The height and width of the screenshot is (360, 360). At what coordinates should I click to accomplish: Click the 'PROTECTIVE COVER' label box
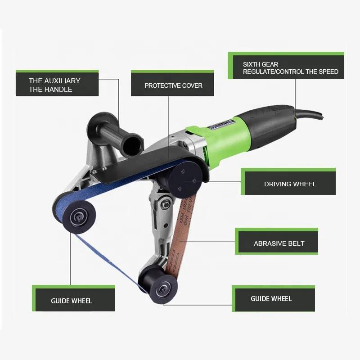tap(173, 85)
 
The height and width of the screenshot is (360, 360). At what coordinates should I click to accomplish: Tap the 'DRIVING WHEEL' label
tap(289, 184)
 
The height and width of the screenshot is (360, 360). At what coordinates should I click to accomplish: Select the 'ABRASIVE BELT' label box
tap(279, 243)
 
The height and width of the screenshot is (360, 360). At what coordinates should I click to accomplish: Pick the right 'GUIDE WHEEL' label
tap(271, 298)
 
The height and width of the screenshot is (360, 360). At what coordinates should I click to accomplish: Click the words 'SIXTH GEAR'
tap(261, 64)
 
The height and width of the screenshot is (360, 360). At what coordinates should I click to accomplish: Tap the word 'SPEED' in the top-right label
tap(328, 72)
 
